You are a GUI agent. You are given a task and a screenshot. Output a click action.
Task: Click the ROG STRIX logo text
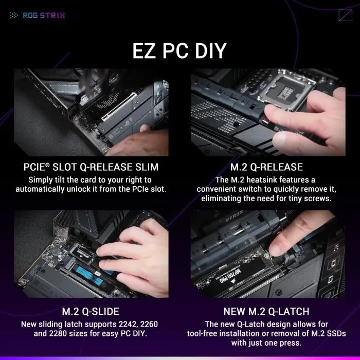44,15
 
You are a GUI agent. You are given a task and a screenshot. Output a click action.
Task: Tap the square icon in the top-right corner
345,15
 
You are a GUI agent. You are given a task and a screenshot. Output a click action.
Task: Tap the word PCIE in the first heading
38,167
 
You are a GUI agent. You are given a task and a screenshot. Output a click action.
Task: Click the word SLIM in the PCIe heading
143,167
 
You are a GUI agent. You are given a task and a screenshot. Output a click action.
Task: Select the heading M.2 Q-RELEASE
266,167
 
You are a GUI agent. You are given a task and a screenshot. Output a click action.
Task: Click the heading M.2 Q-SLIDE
91,311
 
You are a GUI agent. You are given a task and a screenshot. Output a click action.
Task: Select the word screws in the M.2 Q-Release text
320,198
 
